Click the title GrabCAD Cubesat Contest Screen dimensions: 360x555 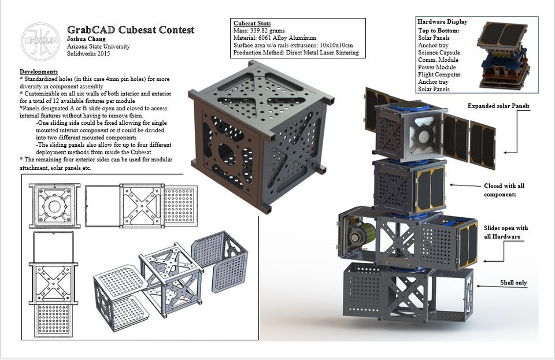pyautogui.click(x=131, y=30)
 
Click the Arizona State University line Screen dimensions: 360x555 pyautogui.click(x=98, y=46)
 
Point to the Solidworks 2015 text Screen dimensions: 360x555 pyautogui.click(x=88, y=54)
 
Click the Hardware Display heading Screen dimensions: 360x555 pyautogui.click(x=442, y=22)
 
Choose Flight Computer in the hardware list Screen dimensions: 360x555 pyautogui.click(x=439, y=75)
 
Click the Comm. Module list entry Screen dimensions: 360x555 pyautogui.click(x=438, y=60)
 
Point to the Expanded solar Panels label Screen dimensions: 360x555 pyautogui.click(x=498, y=106)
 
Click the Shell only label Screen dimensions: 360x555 pyautogui.click(x=514, y=283)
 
